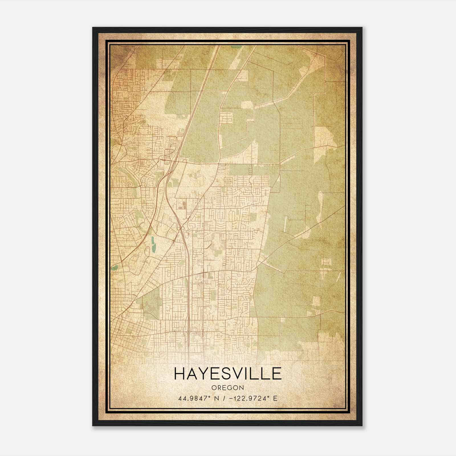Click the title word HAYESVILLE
pos(228,374)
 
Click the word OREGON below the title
pos(228,388)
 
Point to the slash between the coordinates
pos(225,398)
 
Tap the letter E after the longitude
pos(275,398)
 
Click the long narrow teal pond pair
pos(153,242)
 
